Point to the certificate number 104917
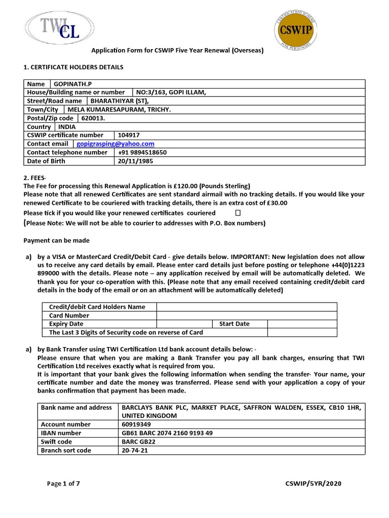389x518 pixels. coord(129,135)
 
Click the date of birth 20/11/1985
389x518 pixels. coord(135,161)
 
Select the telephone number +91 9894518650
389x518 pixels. coord(142,152)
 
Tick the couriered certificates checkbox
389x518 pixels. coord(238,213)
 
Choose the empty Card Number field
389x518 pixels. coord(246,315)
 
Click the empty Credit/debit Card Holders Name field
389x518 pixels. coord(246,307)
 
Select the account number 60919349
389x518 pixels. coord(134,424)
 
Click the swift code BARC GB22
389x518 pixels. coord(138,442)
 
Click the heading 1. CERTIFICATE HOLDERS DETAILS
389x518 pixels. coord(73,67)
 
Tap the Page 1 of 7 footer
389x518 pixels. coord(63,484)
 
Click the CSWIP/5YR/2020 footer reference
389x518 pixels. coord(314,484)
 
